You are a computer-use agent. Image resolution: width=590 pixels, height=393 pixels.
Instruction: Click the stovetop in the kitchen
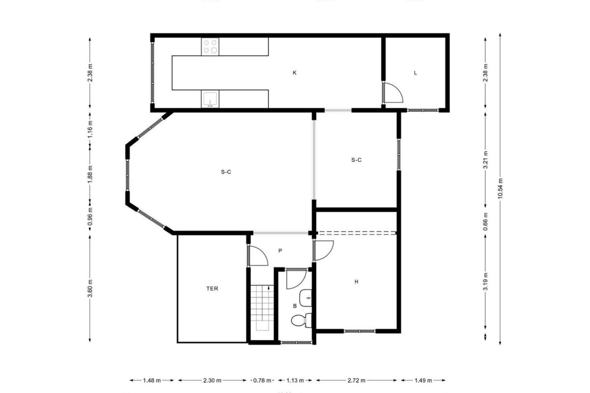point(210,47)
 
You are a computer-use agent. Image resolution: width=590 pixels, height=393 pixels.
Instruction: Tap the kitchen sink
point(210,99)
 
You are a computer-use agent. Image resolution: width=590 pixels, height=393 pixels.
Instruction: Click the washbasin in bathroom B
point(306,298)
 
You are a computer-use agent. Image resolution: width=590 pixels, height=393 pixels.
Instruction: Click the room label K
point(294,73)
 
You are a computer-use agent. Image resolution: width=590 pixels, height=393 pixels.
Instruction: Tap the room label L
point(415,73)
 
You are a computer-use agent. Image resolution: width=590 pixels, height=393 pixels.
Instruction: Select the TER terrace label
point(212,289)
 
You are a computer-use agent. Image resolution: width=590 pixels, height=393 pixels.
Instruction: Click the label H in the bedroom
point(356,282)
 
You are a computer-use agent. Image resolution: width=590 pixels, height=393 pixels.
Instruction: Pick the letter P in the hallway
point(280,251)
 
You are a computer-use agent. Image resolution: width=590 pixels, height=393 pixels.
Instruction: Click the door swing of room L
point(394,92)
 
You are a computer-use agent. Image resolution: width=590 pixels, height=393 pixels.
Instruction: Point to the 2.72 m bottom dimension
point(356,380)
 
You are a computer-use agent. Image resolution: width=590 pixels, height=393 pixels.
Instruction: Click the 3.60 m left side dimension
point(90,289)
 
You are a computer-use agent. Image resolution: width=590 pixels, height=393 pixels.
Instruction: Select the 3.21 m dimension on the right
point(485,160)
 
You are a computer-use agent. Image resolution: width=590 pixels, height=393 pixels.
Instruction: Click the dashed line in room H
point(356,232)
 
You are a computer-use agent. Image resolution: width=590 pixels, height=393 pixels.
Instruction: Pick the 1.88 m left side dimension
point(90,174)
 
